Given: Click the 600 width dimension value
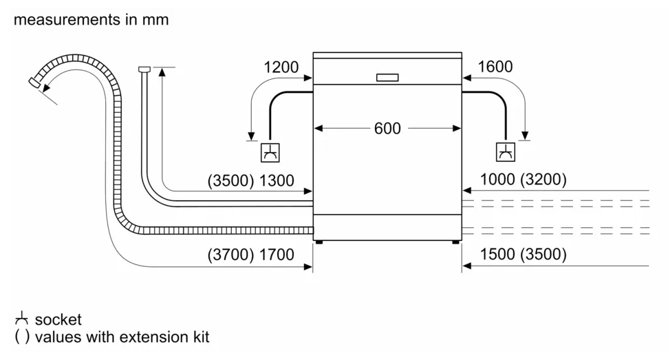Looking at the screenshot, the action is (387, 128).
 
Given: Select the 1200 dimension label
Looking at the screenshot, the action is (281, 67).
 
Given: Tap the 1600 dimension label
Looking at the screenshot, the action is (495, 67).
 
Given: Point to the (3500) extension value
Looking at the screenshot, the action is (230, 180).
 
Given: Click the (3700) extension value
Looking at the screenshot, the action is (230, 255).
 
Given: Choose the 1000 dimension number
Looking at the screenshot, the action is (497, 180).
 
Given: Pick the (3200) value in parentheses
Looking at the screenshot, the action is (543, 180).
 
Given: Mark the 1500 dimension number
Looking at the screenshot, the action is (497, 254).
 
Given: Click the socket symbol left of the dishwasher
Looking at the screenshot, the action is (270, 153).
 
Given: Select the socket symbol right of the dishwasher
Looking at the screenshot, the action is (506, 152).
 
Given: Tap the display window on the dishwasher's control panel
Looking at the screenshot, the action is (387, 78).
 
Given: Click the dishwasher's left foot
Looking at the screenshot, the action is (318, 242).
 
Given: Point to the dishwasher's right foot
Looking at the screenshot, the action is (456, 242).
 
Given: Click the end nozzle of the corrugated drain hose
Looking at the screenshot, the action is (34, 83).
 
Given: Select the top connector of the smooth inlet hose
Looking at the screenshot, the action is (144, 69).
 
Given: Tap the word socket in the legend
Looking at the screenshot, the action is (58, 319).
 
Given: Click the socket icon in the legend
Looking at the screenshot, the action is (21, 319).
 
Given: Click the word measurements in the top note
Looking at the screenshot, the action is (67, 19).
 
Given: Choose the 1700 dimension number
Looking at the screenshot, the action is (277, 255).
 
